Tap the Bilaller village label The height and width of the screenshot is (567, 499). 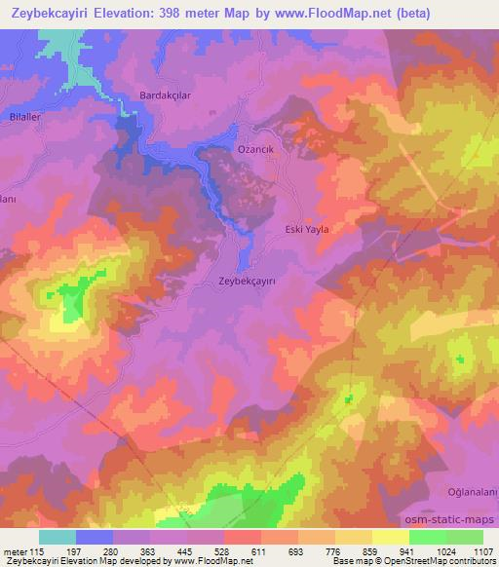coord(22,114)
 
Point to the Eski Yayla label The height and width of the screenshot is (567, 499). coord(306,230)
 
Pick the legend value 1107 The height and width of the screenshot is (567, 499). coord(483,551)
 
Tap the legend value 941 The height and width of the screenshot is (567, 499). coord(409,551)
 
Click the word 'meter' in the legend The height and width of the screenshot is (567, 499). coord(14,551)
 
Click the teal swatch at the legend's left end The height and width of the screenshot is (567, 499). coord(58,537)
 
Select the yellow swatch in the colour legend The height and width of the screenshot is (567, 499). coord(391,537)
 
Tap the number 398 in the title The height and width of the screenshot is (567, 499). coord(195,15)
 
